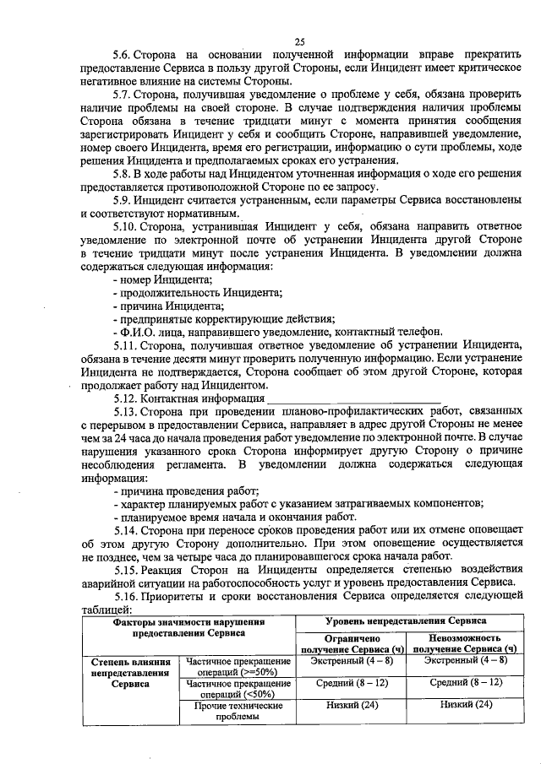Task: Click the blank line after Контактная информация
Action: coord(354,398)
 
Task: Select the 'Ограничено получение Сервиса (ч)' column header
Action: coord(352,642)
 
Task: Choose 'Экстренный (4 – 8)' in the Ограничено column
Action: coord(352,660)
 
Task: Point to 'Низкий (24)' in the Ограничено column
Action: coord(352,704)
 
